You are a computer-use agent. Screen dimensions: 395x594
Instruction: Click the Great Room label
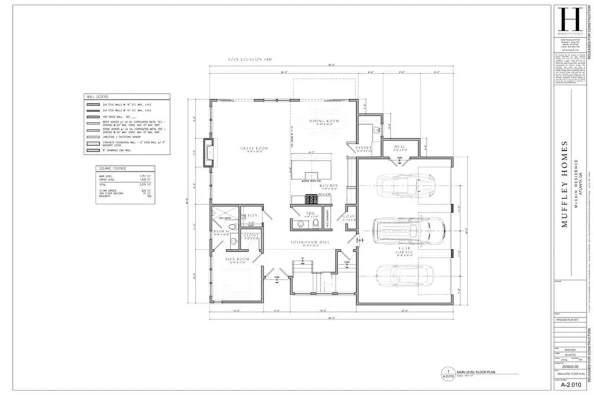pyautogui.click(x=254, y=149)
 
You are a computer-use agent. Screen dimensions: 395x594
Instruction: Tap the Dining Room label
pyautogui.click(x=325, y=121)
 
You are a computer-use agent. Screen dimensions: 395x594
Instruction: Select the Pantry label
pyautogui.click(x=363, y=148)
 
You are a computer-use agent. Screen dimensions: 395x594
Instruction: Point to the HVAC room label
pyautogui.click(x=399, y=147)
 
